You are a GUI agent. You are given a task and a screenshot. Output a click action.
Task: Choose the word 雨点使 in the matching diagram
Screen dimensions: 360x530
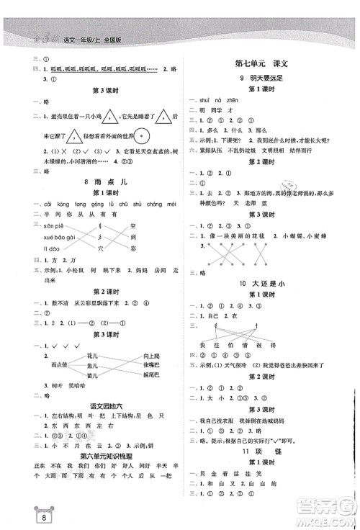click(x=55, y=365)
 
